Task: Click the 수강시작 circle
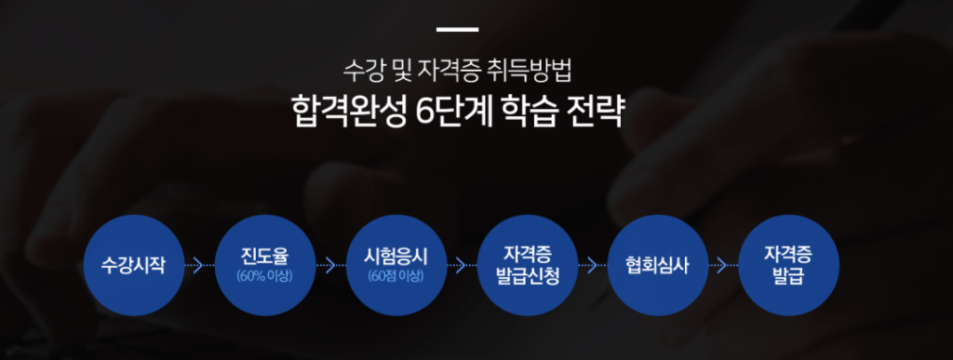click(134, 265)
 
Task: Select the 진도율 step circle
click(265, 265)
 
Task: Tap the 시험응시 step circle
click(396, 265)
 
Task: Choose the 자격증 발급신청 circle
click(527, 265)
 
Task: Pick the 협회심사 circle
click(658, 265)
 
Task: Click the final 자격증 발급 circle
click(788, 265)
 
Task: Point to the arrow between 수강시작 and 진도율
click(199, 265)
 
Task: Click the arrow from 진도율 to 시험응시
click(330, 265)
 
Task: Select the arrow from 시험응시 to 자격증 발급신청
click(462, 265)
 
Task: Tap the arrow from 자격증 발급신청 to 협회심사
click(593, 265)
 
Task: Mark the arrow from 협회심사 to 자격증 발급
click(723, 265)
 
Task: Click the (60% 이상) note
click(265, 277)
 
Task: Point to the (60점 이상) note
click(396, 277)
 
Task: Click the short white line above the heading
click(457, 29)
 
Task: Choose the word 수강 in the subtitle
click(361, 72)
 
